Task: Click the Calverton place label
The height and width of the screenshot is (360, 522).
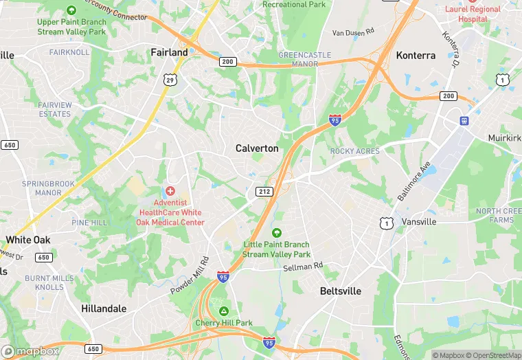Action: (257, 148)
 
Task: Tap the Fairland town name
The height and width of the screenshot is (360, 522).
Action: (169, 52)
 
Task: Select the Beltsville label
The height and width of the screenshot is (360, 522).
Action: (341, 291)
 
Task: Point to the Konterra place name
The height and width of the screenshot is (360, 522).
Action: (416, 56)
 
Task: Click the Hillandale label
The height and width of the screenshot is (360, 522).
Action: (104, 309)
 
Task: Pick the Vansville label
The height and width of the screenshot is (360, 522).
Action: (419, 222)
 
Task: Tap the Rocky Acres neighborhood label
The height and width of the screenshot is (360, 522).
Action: (355, 151)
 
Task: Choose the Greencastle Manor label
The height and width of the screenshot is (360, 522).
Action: (304, 59)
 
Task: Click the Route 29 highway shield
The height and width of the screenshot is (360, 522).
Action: (171, 80)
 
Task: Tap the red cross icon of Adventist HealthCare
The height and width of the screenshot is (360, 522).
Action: (170, 190)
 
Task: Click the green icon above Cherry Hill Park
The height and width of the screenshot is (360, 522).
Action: (224, 311)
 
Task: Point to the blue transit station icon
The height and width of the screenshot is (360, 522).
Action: (464, 121)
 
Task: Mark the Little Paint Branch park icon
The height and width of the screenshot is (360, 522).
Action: (277, 233)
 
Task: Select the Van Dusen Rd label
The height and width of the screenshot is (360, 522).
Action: (353, 32)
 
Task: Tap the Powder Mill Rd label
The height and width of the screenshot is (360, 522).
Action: (190, 275)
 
